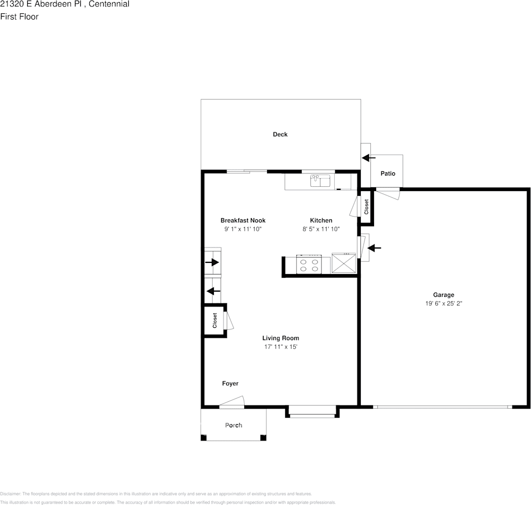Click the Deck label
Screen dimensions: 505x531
tap(280, 135)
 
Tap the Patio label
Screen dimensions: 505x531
tap(388, 174)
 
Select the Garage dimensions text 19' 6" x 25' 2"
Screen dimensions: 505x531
tap(443, 304)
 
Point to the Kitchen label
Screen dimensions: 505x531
tap(321, 220)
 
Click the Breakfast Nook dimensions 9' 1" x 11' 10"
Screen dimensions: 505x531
tap(243, 229)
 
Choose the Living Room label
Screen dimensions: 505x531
tap(280, 338)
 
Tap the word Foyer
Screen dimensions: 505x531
tap(230, 384)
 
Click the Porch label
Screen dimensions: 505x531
tap(234, 425)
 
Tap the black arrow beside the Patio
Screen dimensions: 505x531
tap(368, 158)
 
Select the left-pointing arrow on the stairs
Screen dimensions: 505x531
tap(213, 291)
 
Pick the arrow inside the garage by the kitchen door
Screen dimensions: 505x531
tap(375, 248)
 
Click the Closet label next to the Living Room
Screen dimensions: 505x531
tap(215, 320)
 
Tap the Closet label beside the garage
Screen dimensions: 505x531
tap(366, 207)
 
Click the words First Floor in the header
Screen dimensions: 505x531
tap(19, 16)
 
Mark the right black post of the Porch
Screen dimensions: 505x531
tap(262, 437)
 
